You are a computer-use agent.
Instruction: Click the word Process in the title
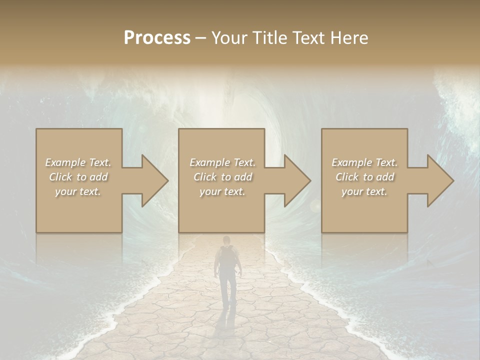157,38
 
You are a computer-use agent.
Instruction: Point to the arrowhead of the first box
154,180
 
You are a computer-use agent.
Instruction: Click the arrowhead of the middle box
297,180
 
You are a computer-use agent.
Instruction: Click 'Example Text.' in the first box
78,162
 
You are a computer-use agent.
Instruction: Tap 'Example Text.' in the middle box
222,162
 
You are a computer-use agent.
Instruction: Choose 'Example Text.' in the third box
364,162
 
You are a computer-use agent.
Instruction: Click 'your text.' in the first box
78,191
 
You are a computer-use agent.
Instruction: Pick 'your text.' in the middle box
222,191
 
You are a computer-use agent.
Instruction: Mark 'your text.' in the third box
364,191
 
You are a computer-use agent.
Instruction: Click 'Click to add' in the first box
78,177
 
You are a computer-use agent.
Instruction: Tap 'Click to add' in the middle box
222,177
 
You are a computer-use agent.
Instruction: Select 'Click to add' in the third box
364,177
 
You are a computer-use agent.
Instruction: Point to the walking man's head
226,240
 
